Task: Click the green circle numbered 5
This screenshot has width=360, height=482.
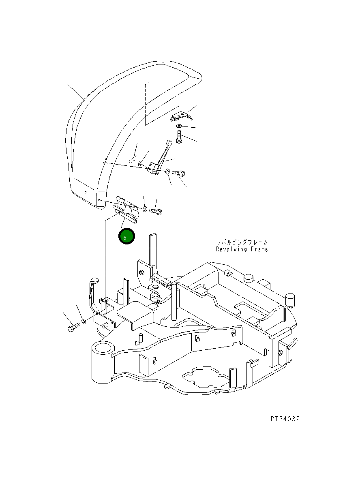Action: coord(126,237)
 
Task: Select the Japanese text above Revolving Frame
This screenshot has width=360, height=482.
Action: coord(242,242)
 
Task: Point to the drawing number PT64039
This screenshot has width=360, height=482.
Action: coord(285,419)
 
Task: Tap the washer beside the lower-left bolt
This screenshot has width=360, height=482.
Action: coord(84,321)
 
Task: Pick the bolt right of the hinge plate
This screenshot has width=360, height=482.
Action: coord(156,211)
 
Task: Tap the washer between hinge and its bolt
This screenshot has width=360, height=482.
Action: coord(145,209)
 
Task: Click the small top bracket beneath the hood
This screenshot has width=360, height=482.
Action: coord(180,117)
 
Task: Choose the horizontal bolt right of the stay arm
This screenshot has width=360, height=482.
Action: coord(179,173)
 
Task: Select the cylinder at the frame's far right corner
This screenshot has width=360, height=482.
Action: coord(290,300)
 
